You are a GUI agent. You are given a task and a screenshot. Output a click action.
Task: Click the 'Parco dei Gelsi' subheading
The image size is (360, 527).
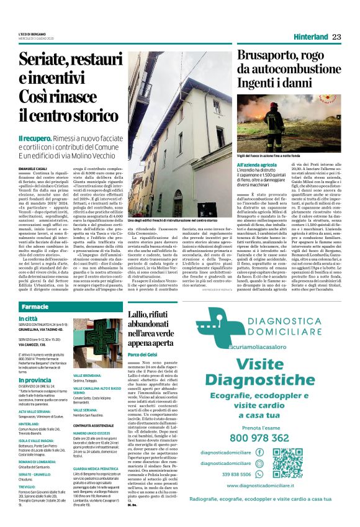pos(143,354)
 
